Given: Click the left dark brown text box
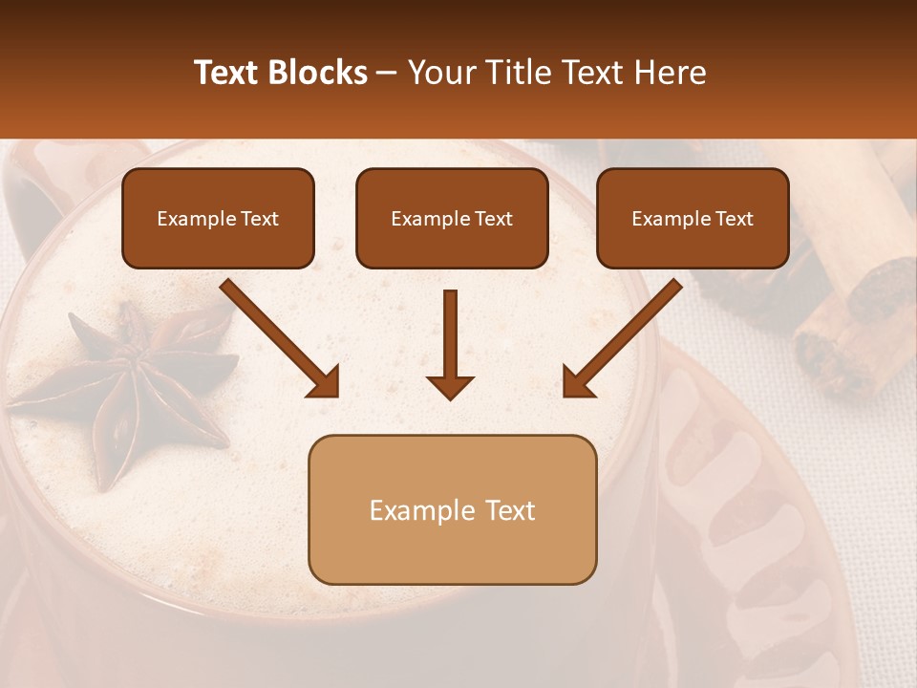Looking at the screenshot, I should click(x=218, y=219).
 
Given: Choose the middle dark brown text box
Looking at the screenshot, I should click(x=452, y=219).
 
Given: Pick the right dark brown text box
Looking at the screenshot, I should click(x=693, y=219).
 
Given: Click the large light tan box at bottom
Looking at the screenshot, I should click(x=452, y=509).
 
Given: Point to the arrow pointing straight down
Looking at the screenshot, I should click(x=450, y=344).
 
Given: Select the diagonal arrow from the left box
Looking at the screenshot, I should click(x=280, y=338).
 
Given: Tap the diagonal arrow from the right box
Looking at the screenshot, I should click(x=622, y=338).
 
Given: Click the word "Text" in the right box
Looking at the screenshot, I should click(x=735, y=219).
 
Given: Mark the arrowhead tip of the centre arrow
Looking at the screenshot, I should click(x=450, y=398).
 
